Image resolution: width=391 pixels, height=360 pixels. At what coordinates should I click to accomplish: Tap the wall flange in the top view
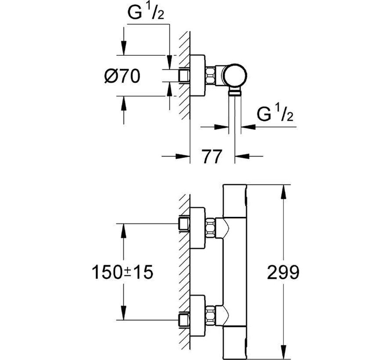[198, 76]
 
